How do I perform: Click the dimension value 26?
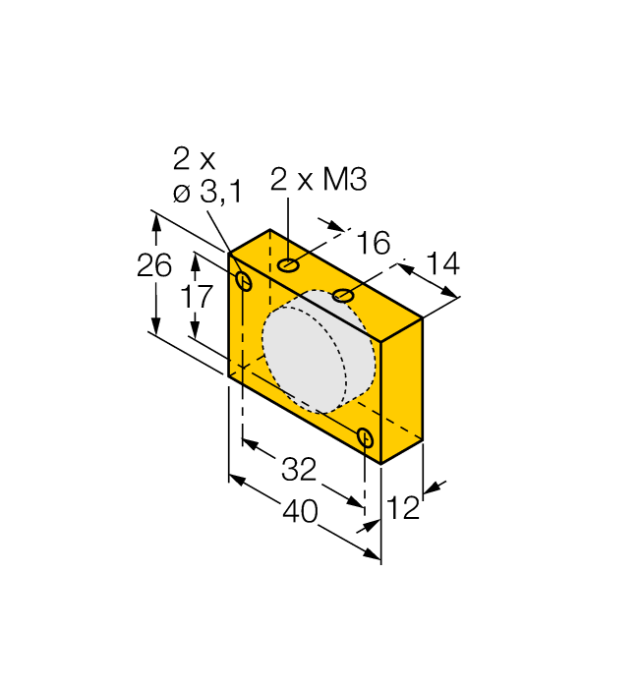pyautogui.click(x=154, y=265)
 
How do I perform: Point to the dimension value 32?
pyautogui.click(x=299, y=470)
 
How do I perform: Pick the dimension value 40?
pyautogui.click(x=303, y=512)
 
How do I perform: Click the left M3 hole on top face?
pyautogui.click(x=289, y=265)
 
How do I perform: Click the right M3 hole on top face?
pyautogui.click(x=343, y=295)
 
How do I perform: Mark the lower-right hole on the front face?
pyautogui.click(x=366, y=438)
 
